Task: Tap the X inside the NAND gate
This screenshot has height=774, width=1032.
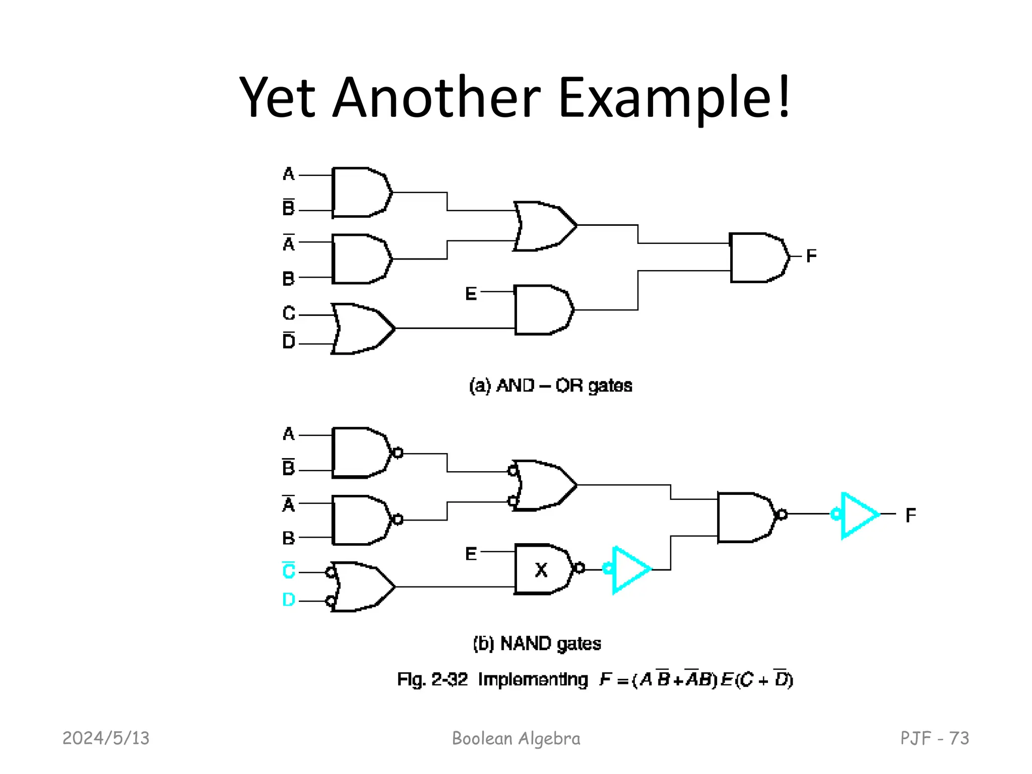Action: [541, 570]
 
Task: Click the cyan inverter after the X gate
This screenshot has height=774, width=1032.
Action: [630, 569]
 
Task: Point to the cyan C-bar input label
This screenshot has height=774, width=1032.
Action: [289, 570]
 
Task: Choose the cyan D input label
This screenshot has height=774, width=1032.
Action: [289, 600]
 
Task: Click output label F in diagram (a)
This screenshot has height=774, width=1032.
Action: [811, 256]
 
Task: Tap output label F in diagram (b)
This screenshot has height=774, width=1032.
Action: [911, 515]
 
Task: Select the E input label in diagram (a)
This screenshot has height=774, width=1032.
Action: [471, 293]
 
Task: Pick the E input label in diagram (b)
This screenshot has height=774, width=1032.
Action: [471, 554]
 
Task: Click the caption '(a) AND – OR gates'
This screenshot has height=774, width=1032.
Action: [550, 385]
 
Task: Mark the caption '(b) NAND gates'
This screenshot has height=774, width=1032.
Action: [537, 643]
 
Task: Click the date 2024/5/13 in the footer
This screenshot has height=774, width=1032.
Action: [106, 738]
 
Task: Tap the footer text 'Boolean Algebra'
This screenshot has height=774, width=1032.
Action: [516, 738]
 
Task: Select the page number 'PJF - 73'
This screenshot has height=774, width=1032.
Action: [934, 738]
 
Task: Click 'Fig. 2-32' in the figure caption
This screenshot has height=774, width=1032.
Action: [432, 680]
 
